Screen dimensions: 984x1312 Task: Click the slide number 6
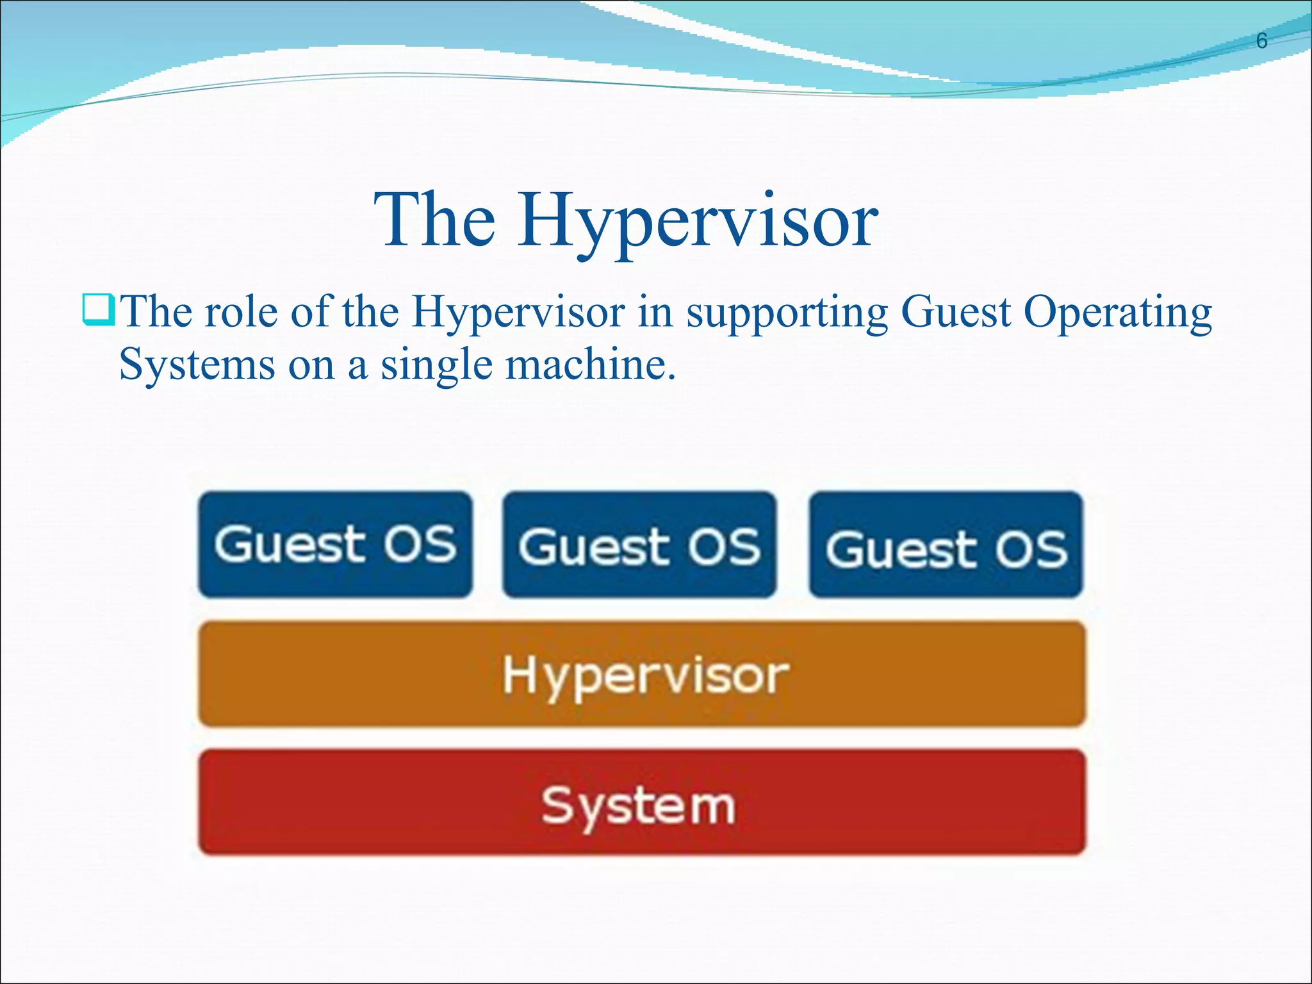tap(1261, 41)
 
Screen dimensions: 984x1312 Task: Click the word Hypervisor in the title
tap(698, 221)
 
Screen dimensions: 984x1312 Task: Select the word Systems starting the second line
tap(197, 365)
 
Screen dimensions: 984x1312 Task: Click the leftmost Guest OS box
tap(335, 545)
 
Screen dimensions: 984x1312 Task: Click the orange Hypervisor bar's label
tap(644, 676)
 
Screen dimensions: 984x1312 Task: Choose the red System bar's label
tap(638, 805)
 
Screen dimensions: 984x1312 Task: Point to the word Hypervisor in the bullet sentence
tap(518, 313)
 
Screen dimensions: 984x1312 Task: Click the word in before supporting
tap(655, 312)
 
